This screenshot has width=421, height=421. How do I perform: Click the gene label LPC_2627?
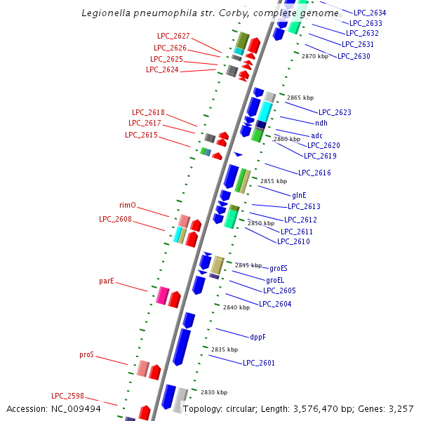pyautogui.click(x=173, y=36)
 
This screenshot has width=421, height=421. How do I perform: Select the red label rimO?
pyautogui.click(x=128, y=206)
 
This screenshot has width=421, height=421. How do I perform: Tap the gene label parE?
pyautogui.click(x=107, y=281)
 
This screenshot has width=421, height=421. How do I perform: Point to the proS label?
pyautogui.click(x=86, y=355)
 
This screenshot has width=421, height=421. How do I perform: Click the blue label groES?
pyautogui.click(x=279, y=268)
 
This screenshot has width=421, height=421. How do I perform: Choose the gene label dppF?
pyautogui.click(x=258, y=337)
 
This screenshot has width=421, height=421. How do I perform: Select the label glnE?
pyautogui.click(x=300, y=194)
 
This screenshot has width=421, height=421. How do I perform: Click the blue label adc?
pyautogui.click(x=317, y=135)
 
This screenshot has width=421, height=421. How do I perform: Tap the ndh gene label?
pyautogui.click(x=321, y=123)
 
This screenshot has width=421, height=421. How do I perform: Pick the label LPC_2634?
pyautogui.click(x=370, y=13)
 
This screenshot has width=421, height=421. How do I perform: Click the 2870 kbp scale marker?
pyautogui.click(x=315, y=56)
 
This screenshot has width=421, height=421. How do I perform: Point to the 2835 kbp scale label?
pyautogui.click(x=225, y=349)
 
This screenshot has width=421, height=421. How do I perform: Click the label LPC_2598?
pyautogui.click(x=67, y=395)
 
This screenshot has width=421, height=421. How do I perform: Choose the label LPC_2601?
pyautogui.click(x=259, y=363)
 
